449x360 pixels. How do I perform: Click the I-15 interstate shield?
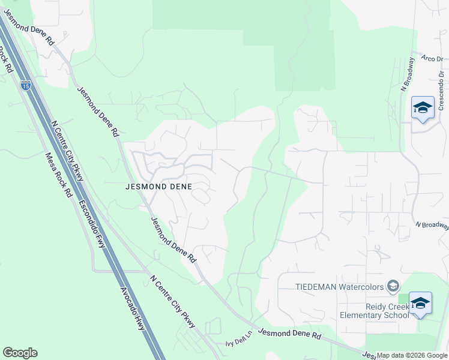coord(25,86)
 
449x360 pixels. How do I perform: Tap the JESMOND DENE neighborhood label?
coord(158,187)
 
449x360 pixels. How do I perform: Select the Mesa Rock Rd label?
coord(59,176)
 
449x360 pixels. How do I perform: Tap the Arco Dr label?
coord(431,59)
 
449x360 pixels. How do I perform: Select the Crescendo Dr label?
coord(441,90)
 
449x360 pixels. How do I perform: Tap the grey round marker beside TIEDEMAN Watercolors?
coord(393,286)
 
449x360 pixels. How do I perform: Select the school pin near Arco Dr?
coord(423,108)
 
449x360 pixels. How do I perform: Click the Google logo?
coord(20,353)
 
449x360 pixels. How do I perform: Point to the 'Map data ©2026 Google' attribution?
coord(412,355)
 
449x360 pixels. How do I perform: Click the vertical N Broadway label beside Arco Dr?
coord(406,74)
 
